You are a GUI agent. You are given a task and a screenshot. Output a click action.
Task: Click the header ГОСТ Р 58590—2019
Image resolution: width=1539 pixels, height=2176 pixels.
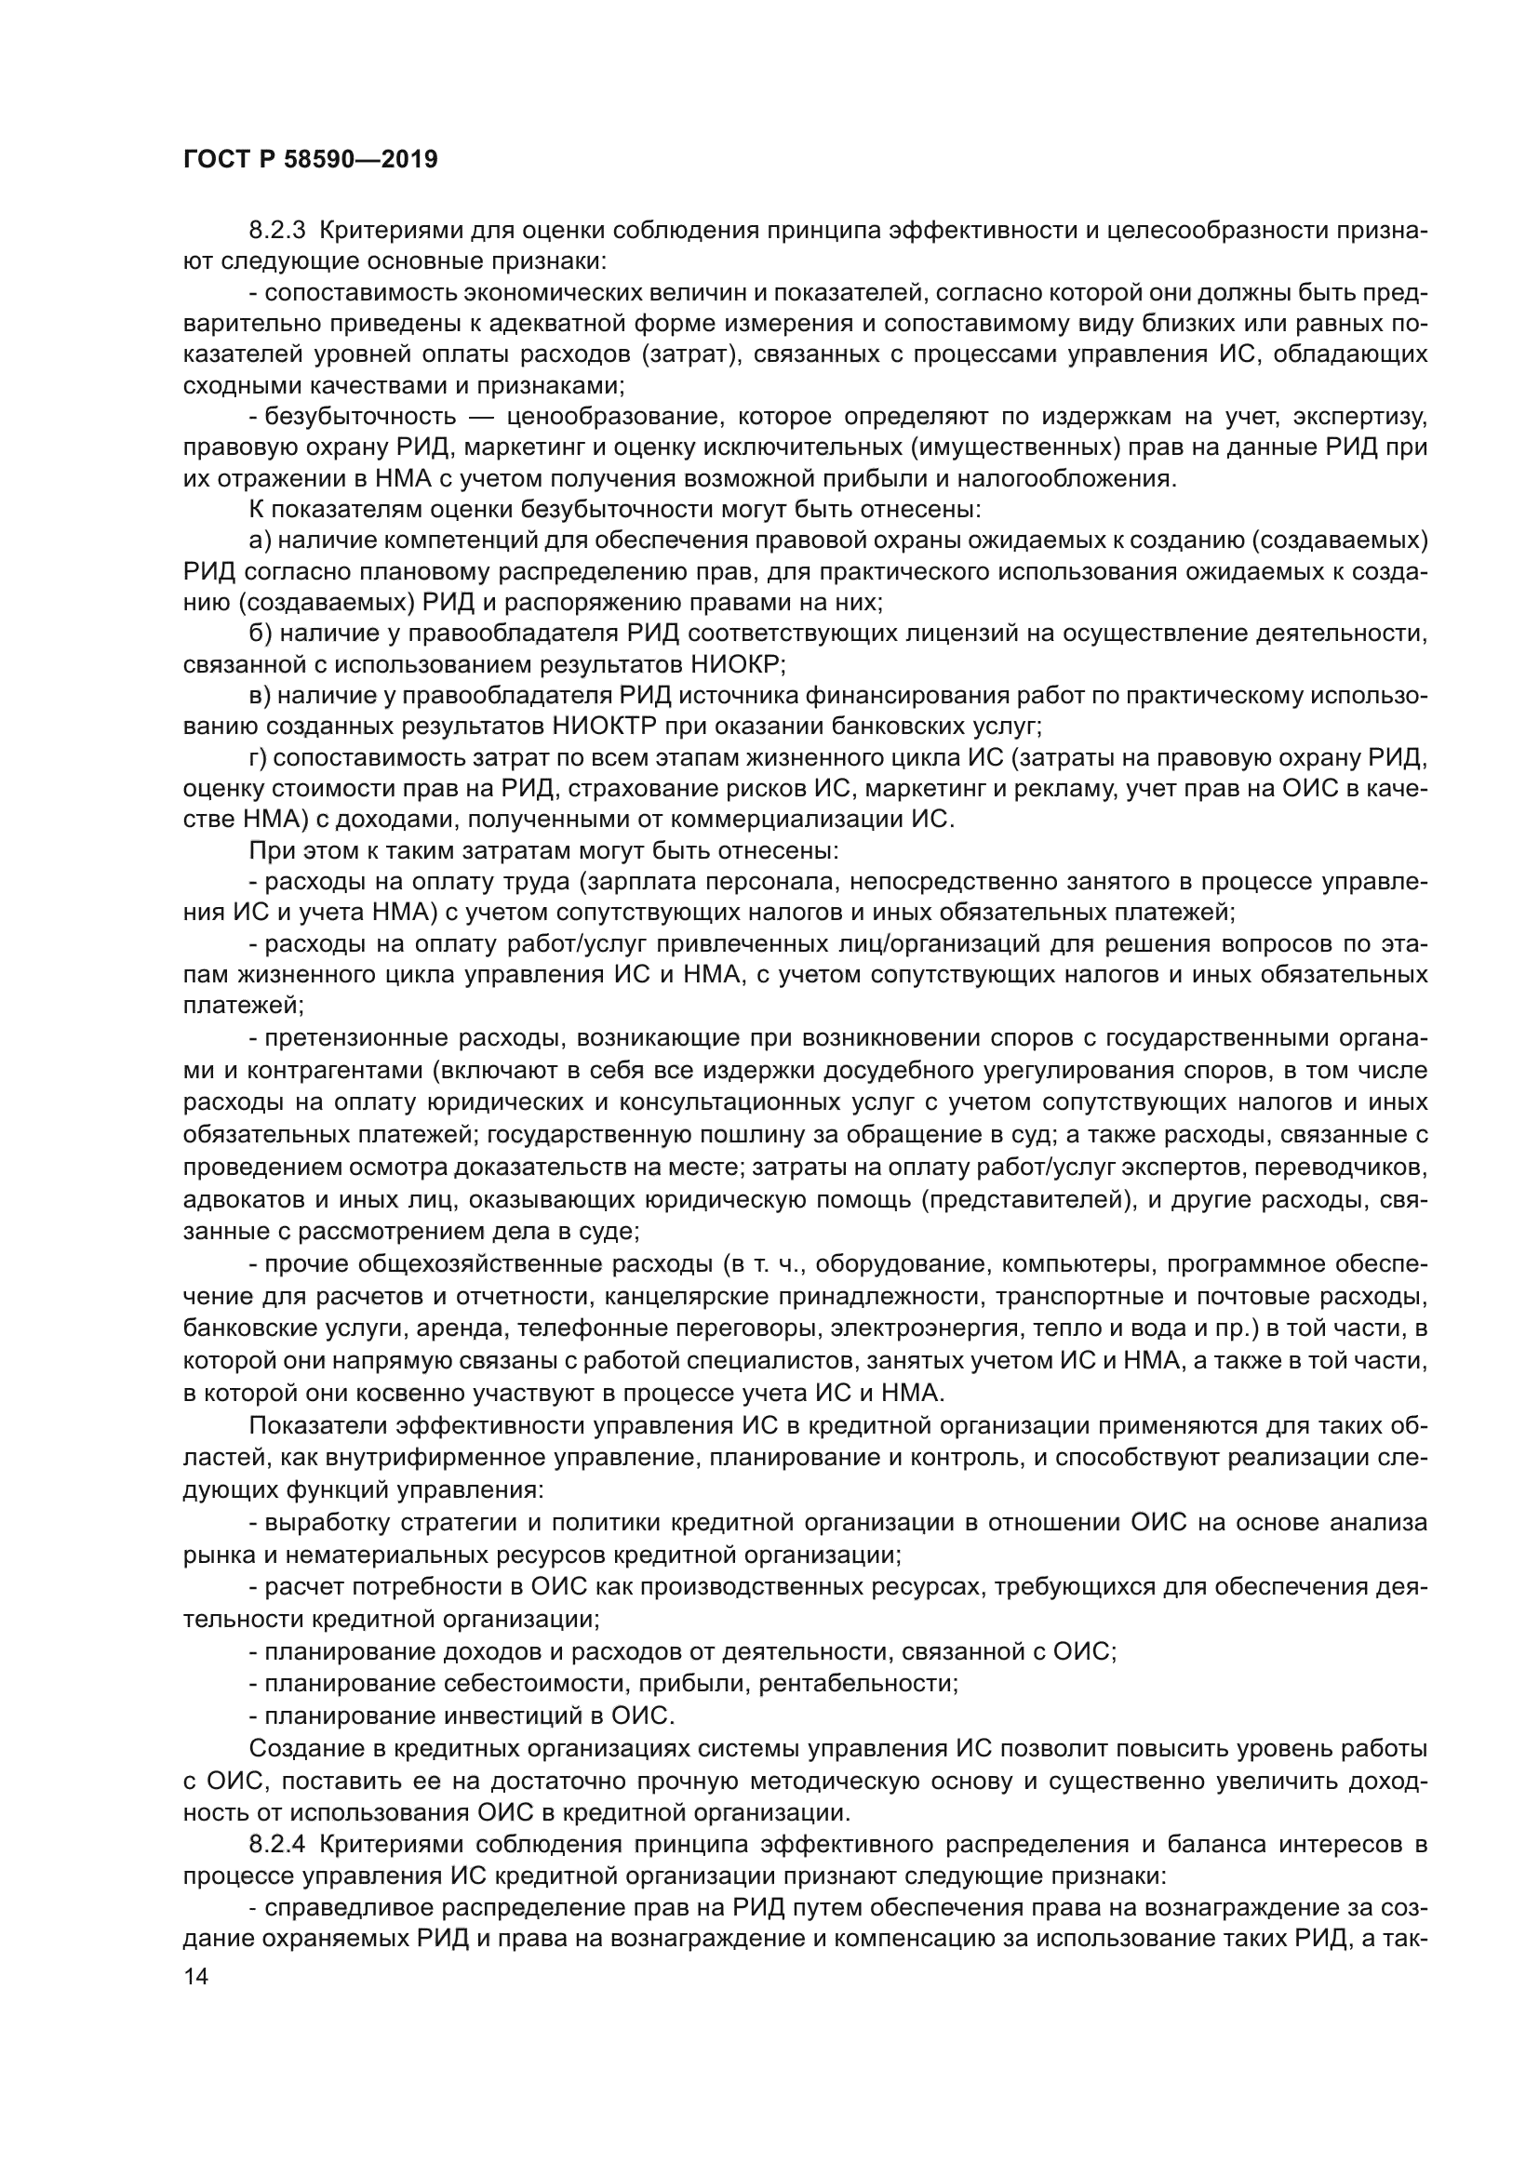310,160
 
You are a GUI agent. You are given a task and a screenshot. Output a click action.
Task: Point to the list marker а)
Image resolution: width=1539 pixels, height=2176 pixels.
260,541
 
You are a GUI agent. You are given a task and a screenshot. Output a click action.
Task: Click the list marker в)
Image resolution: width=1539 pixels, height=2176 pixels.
260,696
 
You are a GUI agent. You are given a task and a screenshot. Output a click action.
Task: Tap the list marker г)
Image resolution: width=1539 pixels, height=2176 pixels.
258,757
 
